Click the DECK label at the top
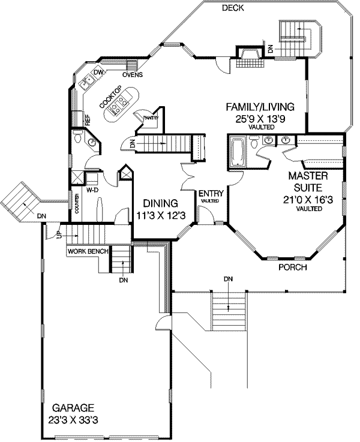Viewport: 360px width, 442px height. point(232,8)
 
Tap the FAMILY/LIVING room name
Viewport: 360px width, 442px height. point(260,107)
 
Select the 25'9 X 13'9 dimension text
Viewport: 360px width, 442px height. point(260,119)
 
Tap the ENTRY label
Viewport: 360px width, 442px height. point(211,193)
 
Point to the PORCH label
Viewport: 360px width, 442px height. point(293,267)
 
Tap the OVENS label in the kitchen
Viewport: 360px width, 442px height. point(132,75)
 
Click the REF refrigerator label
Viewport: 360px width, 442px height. point(88,120)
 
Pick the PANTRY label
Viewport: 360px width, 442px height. point(149,118)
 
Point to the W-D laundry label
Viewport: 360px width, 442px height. point(92,190)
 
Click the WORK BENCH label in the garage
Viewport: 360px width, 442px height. point(87,251)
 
